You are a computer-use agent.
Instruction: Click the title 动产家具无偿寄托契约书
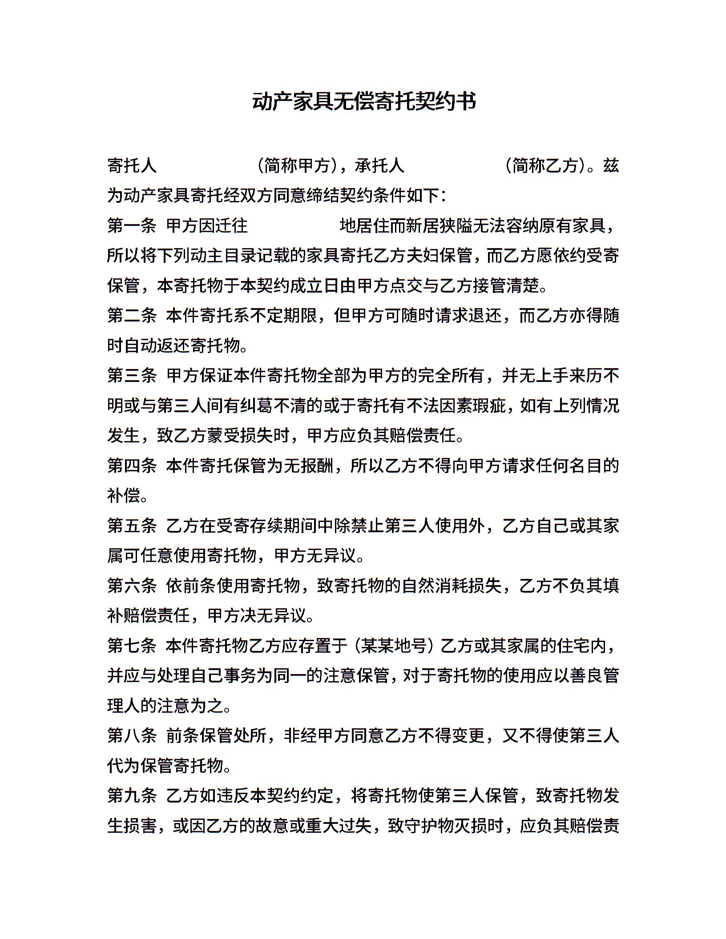(364, 102)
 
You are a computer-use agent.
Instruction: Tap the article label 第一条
(132, 225)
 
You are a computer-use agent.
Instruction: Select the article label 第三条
(132, 376)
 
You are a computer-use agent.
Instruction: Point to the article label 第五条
(132, 526)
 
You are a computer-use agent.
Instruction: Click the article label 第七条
(132, 646)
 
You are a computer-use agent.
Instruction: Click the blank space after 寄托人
(206, 166)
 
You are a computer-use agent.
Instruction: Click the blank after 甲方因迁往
(294, 225)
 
